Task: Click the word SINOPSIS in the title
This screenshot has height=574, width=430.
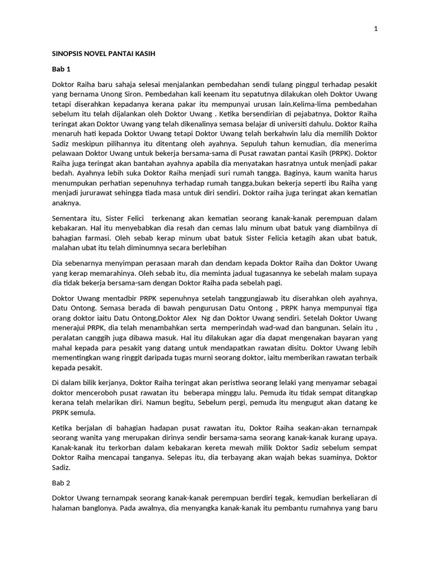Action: [x=69, y=54]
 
